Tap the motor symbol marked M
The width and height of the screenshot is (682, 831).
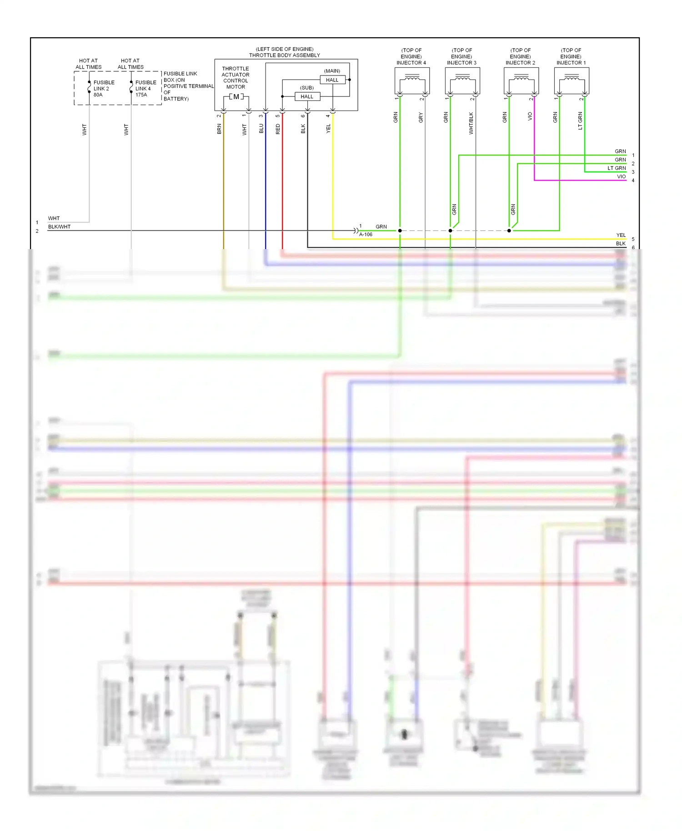click(x=236, y=97)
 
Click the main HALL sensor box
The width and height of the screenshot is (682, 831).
click(x=332, y=80)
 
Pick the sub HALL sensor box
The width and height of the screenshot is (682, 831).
click(x=307, y=96)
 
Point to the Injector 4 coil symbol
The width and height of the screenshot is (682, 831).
click(x=412, y=79)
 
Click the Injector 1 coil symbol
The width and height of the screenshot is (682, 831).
click(x=572, y=79)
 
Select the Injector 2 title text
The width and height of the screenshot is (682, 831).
click(x=520, y=57)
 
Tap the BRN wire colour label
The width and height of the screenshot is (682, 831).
click(x=219, y=129)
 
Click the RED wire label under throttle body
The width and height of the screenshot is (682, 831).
click(x=278, y=129)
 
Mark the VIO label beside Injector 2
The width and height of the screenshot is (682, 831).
click(x=530, y=116)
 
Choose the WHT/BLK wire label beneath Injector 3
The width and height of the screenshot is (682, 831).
click(x=471, y=123)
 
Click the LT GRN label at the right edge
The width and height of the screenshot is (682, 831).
click(x=617, y=168)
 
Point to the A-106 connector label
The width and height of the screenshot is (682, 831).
click(x=366, y=235)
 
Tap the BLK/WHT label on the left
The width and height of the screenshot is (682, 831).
click(x=59, y=226)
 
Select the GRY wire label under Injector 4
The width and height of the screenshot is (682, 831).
click(x=421, y=118)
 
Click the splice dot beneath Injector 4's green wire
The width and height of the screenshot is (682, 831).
click(x=400, y=230)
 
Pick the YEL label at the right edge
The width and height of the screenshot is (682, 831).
click(x=621, y=235)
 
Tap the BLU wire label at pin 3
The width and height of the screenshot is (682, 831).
click(x=261, y=129)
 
